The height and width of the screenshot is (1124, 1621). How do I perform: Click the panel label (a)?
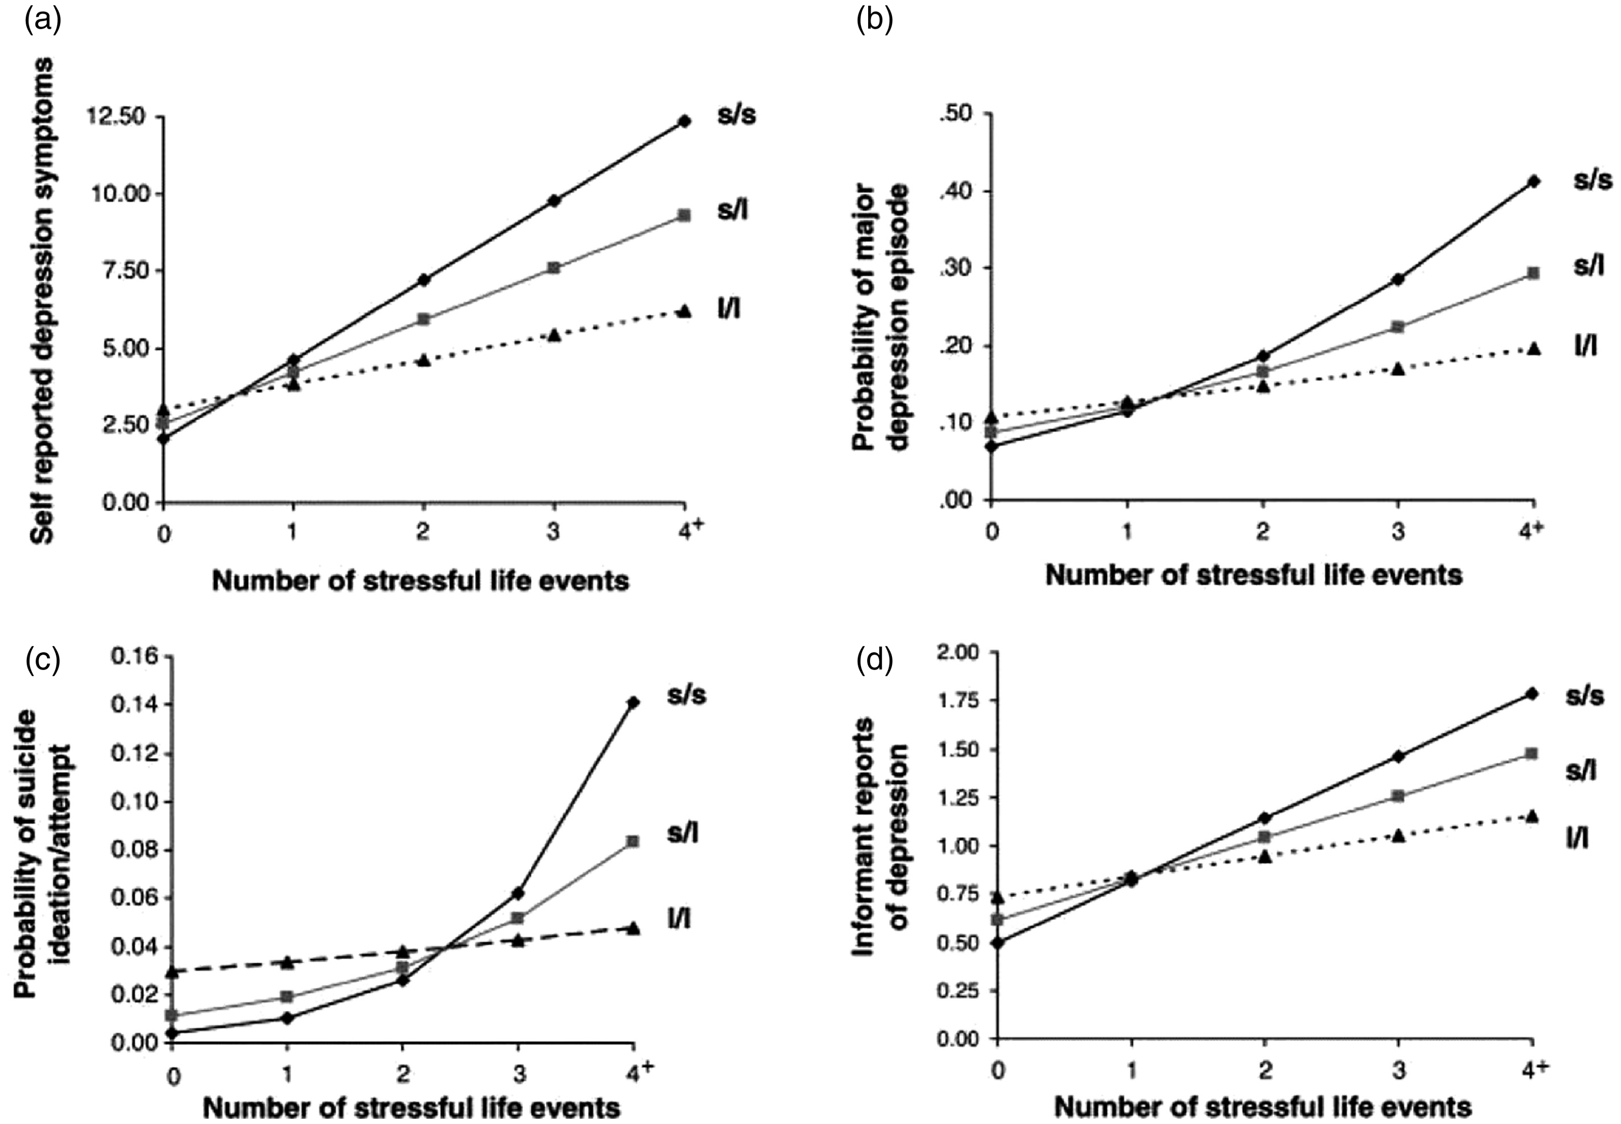(x=43, y=21)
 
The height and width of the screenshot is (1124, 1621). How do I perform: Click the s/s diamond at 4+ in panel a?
(x=684, y=121)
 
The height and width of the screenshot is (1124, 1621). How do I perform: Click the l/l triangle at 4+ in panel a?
(x=684, y=310)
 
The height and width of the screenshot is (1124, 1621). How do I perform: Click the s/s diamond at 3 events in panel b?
(x=1398, y=279)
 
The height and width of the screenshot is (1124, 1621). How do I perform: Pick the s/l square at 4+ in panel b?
(x=1533, y=273)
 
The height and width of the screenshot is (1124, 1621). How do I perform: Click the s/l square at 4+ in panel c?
(x=633, y=841)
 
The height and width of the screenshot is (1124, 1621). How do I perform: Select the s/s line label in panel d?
(x=1585, y=696)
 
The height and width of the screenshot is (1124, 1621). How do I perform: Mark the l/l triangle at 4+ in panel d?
(x=1533, y=816)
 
